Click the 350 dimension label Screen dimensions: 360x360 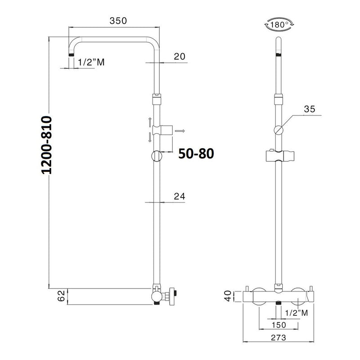coord(118,21)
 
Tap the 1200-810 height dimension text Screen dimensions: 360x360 coord(47,145)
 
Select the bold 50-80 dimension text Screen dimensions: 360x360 coord(196,153)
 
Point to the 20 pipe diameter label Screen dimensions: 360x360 coord(179,57)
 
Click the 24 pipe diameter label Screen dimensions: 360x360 coord(179,197)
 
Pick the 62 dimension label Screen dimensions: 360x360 coord(61,296)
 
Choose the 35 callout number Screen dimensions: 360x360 coord(310,109)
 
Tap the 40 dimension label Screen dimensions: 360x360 coord(228,296)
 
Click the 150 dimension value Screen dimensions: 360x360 coord(279,325)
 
